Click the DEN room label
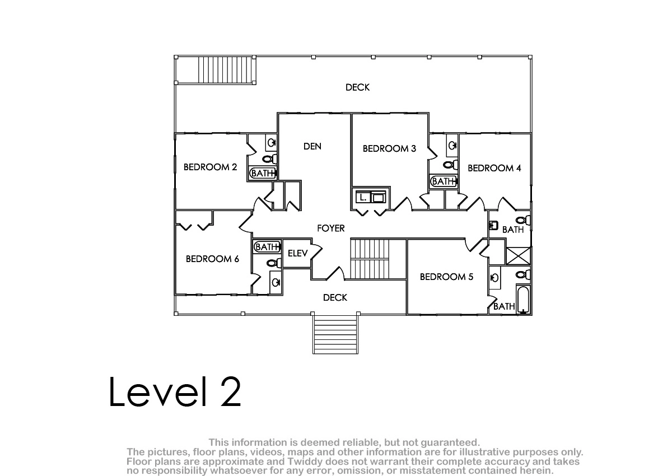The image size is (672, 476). coord(312,146)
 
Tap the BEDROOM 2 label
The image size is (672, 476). coord(211,167)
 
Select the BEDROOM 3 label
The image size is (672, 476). coord(389,148)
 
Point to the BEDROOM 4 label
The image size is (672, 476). coord(494,168)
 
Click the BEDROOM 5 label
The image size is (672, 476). coord(446,277)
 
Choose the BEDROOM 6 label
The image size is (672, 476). coord(212,259)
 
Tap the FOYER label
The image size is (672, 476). coord(330,228)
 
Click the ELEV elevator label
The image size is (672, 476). coord(297,254)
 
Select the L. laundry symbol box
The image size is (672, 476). coord(363,197)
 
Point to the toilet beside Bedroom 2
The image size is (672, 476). coord(269,159)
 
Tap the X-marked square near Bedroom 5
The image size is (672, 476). coord(518,256)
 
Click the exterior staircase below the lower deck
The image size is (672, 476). coord(335,334)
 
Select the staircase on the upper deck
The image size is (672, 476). coord(227,70)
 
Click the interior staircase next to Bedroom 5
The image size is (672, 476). coord(370,259)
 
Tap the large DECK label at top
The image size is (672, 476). coord(357,87)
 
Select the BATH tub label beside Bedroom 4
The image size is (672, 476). coord(443,181)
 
